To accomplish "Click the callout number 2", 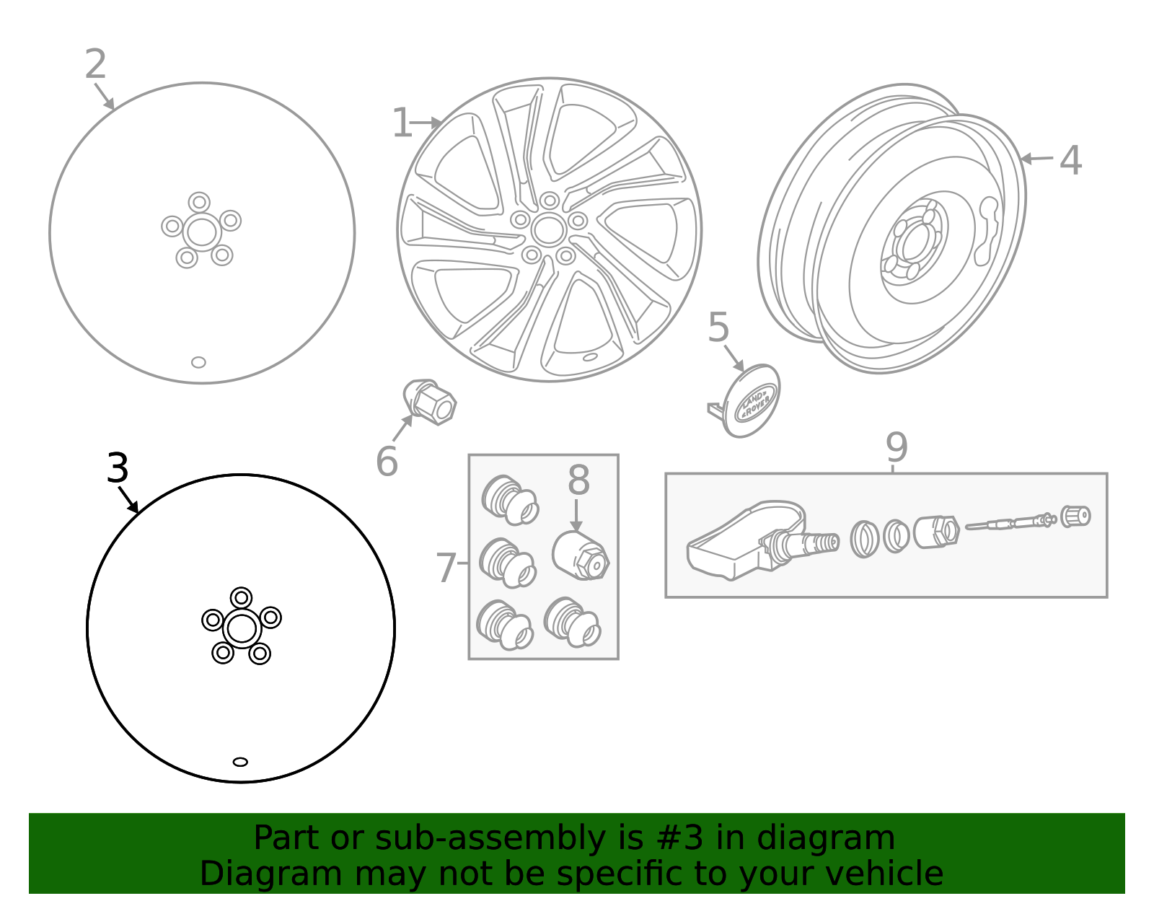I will (x=95, y=65).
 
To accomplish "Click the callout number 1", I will (x=401, y=123).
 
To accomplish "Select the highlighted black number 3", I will (x=118, y=469).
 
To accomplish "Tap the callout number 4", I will (x=1070, y=160).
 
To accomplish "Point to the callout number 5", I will (x=718, y=328).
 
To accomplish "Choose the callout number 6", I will (x=387, y=462).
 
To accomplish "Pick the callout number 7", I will (x=446, y=568).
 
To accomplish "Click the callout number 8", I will (x=578, y=480).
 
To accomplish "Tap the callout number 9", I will (x=897, y=448).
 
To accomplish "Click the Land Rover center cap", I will (x=753, y=401).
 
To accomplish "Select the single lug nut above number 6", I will (x=430, y=402).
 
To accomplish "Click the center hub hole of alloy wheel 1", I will (x=549, y=229).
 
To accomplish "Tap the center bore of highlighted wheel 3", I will (x=241, y=628).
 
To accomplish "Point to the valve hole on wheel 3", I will (x=240, y=762).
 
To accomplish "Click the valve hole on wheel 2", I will (x=198, y=362).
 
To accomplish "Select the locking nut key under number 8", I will (x=581, y=556).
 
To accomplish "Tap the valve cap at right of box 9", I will (x=1075, y=517).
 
